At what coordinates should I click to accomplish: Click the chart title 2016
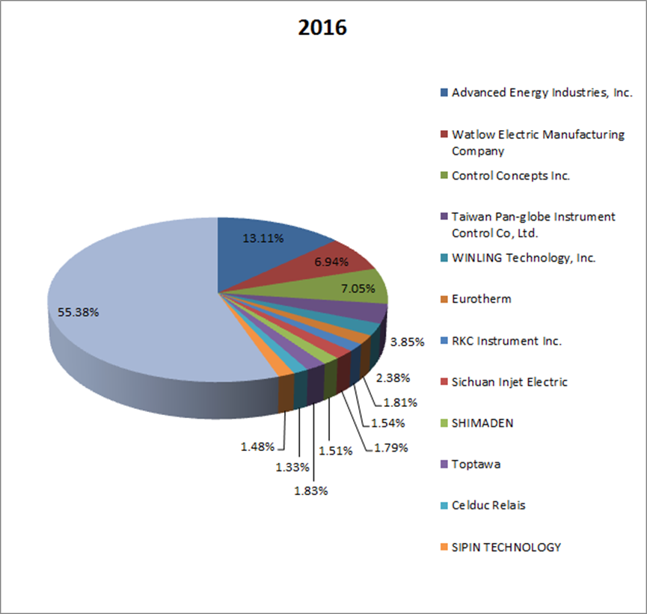[322, 28]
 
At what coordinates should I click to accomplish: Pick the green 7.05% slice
[352, 288]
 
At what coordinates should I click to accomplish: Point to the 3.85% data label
[408, 342]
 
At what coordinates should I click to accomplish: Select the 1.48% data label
[257, 446]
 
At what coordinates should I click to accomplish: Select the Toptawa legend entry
[476, 464]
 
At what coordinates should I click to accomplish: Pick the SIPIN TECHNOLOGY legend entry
[506, 547]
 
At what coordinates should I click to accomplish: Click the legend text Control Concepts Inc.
[511, 176]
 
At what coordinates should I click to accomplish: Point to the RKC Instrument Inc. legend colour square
[444, 341]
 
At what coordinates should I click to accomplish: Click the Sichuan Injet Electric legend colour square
[444, 382]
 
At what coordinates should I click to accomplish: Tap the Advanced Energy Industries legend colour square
[444, 93]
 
